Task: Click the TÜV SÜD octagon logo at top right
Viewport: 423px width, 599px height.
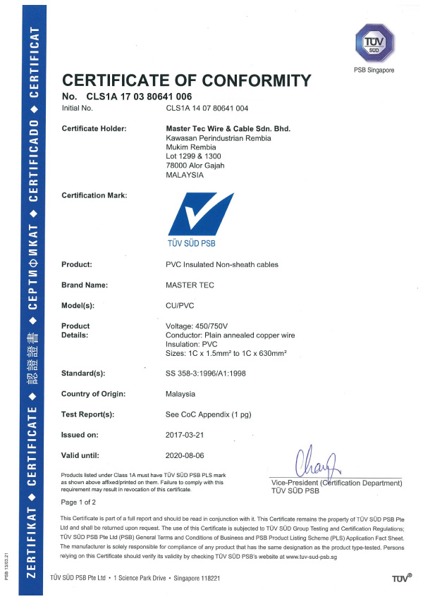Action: coord(373,44)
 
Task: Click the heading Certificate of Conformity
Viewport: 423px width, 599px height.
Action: coord(186,80)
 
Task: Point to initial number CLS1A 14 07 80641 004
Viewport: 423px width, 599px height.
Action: coord(207,109)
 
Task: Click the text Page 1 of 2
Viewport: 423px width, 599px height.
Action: coord(79,502)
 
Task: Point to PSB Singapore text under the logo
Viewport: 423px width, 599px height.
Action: coord(374,70)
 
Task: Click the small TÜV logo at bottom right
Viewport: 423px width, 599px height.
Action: coord(402,579)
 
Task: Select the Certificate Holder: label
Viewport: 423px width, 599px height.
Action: coord(94,128)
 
